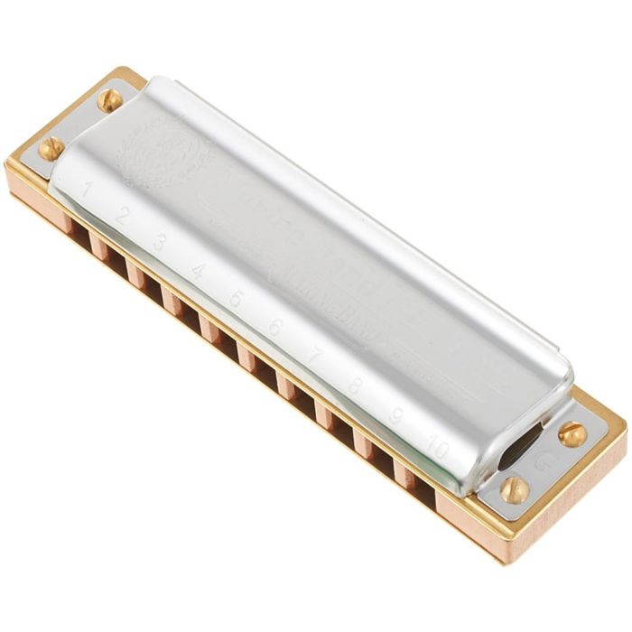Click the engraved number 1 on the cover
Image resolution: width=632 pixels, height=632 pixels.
point(88,189)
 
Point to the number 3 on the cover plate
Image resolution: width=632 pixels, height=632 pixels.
point(160,242)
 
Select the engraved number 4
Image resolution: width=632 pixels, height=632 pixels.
point(198,270)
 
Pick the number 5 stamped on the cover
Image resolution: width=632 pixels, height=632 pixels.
point(237,298)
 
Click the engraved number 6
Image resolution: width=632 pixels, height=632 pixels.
point(274,327)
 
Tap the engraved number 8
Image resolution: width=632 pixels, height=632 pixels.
point(355,386)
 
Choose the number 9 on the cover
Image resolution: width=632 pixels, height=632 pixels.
point(395,416)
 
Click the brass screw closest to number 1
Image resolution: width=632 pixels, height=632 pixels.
point(51,148)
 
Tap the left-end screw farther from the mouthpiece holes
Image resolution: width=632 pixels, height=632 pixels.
point(109,99)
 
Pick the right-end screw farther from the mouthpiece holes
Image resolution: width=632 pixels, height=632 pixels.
point(572,434)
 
